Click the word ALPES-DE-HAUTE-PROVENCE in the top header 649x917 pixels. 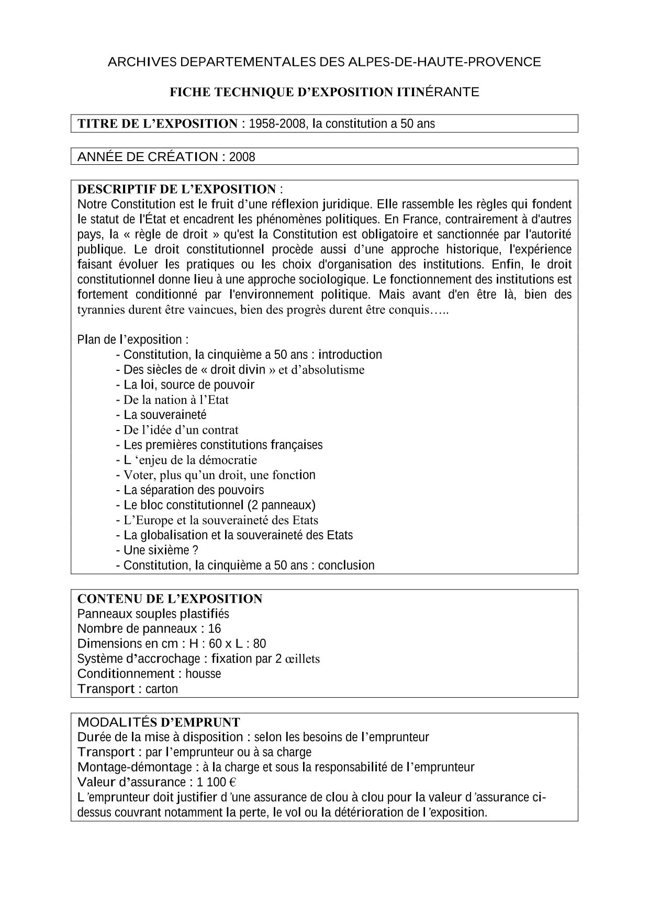click(x=444, y=62)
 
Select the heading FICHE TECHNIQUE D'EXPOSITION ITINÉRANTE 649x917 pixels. click(x=324, y=93)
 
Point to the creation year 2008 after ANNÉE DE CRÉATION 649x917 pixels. click(x=242, y=157)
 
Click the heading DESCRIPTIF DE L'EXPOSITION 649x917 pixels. click(x=176, y=189)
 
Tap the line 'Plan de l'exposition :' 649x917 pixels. click(x=133, y=339)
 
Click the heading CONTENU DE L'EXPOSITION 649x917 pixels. click(x=170, y=599)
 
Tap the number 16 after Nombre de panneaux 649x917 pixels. click(x=215, y=629)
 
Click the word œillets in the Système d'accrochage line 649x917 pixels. click(x=303, y=659)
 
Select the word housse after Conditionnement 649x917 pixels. click(x=203, y=674)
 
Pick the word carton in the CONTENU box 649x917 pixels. click(x=162, y=689)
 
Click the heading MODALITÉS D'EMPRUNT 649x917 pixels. click(x=159, y=723)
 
